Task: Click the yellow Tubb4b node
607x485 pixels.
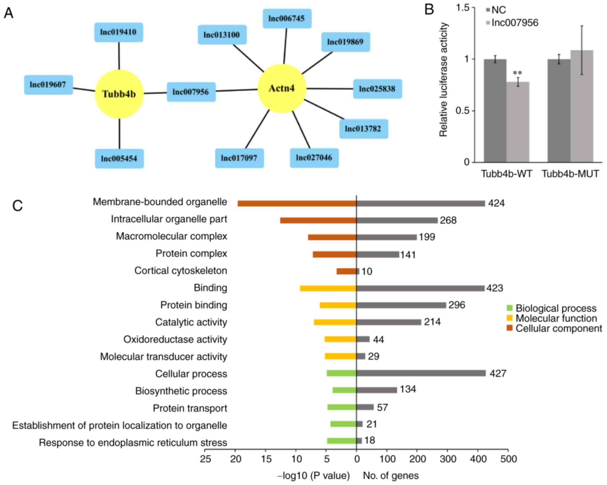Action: point(119,94)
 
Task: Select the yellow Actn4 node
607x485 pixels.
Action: point(282,88)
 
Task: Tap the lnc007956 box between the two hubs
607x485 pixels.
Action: point(191,92)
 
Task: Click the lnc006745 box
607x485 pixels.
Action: point(287,19)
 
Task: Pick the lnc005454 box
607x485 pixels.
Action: point(119,158)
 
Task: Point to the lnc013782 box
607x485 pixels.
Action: point(363,129)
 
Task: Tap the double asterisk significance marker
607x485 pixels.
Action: point(517,73)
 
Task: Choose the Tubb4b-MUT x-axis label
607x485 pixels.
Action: point(570,174)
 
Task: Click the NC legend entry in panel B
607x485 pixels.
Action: point(496,10)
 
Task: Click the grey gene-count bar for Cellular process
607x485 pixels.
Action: point(421,373)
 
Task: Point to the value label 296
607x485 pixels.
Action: point(457,305)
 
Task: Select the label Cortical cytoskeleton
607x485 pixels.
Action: point(181,271)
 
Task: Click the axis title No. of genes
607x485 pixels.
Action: point(390,476)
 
